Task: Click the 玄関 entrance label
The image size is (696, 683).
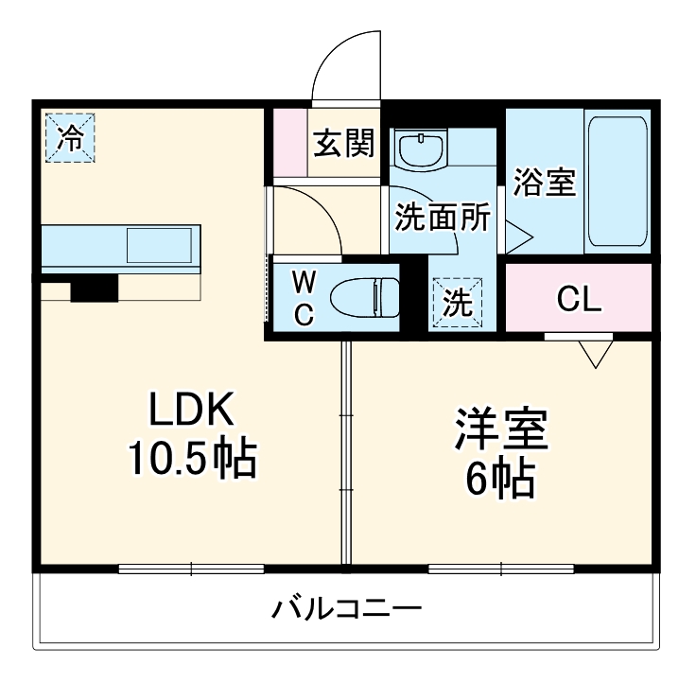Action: [x=344, y=144]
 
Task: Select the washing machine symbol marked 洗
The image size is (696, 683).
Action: [x=457, y=304]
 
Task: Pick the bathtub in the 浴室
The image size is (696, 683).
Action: [x=617, y=181]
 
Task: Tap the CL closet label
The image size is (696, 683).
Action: [x=578, y=299]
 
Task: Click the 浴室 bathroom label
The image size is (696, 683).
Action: [x=545, y=183]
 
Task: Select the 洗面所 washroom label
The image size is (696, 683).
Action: [x=442, y=219]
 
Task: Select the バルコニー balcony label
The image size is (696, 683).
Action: [x=347, y=607]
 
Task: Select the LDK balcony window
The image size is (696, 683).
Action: [x=191, y=569]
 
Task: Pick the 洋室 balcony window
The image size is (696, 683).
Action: [x=500, y=569]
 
